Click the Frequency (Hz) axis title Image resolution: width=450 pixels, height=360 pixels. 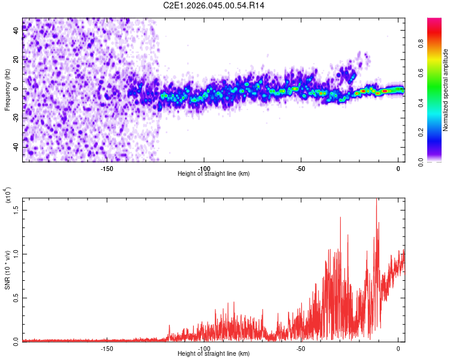[7, 90]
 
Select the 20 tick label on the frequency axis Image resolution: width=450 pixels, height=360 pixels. [16, 60]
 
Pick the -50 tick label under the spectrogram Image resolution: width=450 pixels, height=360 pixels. [301, 168]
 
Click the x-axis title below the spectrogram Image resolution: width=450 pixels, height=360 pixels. [214, 174]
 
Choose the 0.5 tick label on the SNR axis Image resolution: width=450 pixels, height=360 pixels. [16, 297]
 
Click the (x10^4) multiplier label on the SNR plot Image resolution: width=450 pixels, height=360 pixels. [7, 196]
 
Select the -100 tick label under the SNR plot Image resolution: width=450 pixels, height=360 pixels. [204, 348]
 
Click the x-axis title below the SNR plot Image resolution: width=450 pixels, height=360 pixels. [214, 354]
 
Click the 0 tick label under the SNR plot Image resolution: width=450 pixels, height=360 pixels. [398, 348]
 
